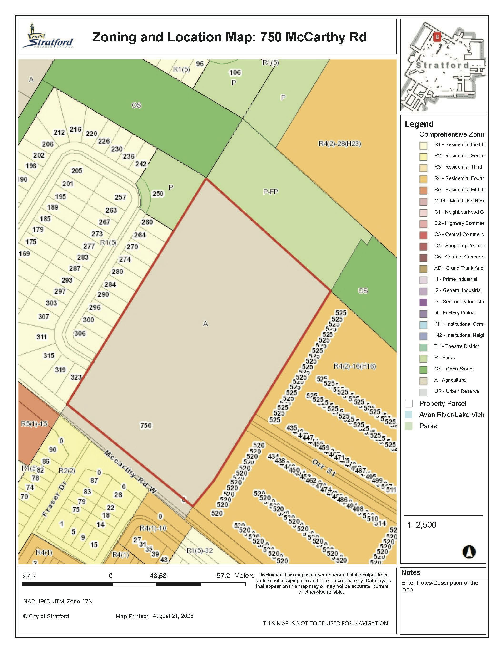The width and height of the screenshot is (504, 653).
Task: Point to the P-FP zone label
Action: coord(270,192)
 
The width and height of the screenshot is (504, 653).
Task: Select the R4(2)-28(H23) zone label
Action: coord(340,144)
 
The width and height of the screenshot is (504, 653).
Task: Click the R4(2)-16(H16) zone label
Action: coord(354,366)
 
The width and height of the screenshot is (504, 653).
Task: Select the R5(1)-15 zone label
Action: coord(34,424)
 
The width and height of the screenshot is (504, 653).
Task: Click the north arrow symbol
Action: coord(469,552)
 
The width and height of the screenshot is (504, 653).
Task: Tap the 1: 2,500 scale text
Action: coord(422,525)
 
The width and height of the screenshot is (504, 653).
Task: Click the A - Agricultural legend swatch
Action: coord(423,380)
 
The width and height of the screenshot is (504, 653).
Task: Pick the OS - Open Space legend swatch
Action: coord(423,369)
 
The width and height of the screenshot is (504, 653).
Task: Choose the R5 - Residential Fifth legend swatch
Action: coord(423,190)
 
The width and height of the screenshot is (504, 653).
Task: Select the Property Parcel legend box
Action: coord(409,404)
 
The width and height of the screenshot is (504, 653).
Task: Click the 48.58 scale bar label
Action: coord(158,576)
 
